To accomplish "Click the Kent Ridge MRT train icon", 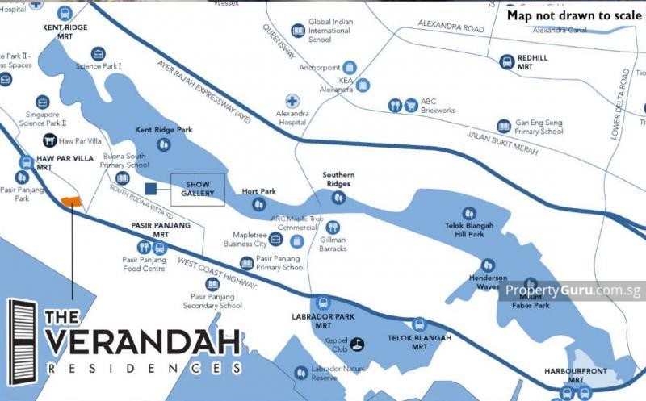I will pos(65,13).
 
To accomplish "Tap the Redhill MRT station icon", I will pos(507,61).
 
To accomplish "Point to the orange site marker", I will pos(71,200).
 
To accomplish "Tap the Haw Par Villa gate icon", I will pos(49,141).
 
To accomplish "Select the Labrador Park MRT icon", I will pos(323,303).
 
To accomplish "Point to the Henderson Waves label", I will pos(487,282).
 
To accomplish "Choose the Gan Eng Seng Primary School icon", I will pos(503,127).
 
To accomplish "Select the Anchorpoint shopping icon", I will pos(349,68).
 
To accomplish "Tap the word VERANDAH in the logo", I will pos(142,341).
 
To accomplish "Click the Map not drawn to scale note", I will pos(575,15).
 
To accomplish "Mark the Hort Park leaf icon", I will pos(259,204).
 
